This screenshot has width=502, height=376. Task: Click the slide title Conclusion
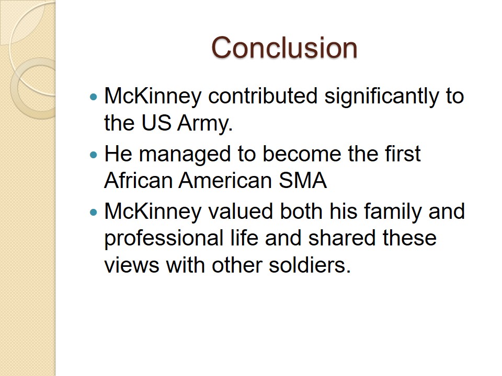(x=284, y=48)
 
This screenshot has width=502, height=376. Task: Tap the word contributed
(x=263, y=96)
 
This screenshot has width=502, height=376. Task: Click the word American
(x=225, y=180)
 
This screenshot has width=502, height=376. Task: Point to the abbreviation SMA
(x=303, y=180)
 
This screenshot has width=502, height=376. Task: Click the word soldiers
(x=310, y=265)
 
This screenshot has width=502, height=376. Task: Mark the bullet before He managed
(x=94, y=155)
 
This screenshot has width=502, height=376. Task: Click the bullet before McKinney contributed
(x=94, y=97)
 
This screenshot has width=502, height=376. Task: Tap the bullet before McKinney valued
(x=94, y=212)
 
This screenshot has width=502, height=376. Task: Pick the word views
(x=132, y=265)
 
